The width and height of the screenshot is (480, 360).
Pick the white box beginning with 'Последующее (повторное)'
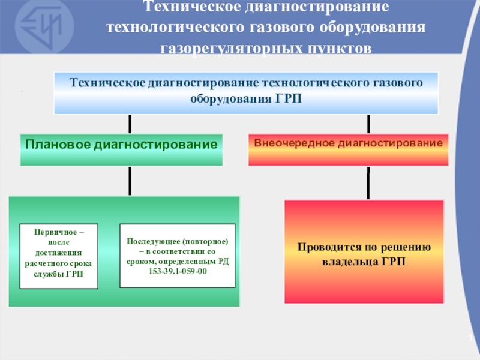pos(177,256)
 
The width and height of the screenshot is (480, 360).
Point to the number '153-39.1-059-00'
pos(177,271)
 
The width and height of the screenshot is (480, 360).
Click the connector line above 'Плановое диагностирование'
pos(129,124)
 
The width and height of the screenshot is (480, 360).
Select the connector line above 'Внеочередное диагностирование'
pos(368,124)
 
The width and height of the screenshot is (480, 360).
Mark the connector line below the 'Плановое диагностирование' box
pos(129,181)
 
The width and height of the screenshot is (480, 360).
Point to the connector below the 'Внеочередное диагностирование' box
pos(367,183)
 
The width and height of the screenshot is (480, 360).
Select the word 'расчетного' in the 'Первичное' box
pos(44,263)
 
